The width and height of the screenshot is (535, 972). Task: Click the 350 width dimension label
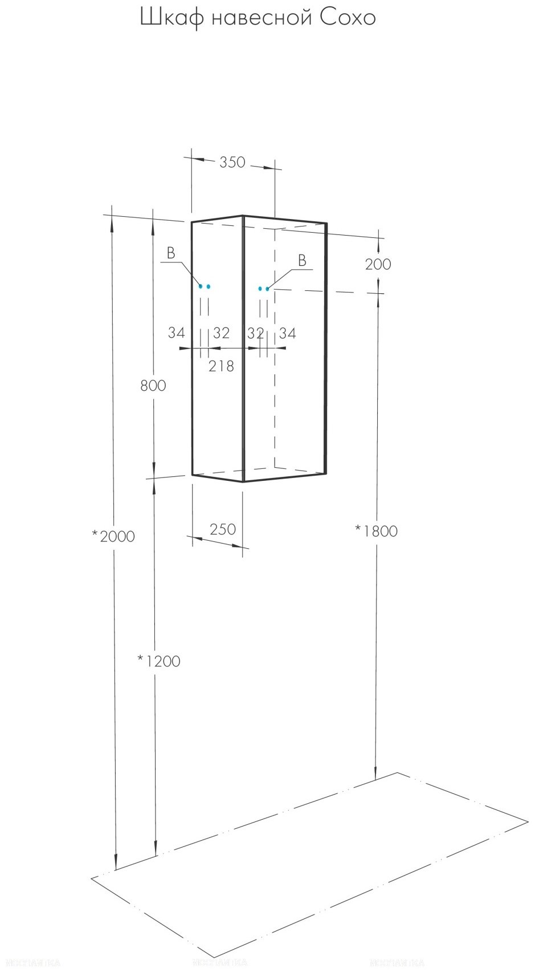(232, 163)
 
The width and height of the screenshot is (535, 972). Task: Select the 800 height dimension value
(153, 386)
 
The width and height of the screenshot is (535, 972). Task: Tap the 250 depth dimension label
(222, 529)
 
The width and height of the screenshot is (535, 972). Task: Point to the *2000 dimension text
(113, 536)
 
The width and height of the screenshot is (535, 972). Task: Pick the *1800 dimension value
(376, 531)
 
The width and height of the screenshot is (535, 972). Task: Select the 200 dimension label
(378, 264)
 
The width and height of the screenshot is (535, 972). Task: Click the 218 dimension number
(221, 366)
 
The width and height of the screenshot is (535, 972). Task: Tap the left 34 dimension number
(177, 333)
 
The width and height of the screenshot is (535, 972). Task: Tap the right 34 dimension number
(287, 333)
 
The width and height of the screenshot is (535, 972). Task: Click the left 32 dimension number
(221, 333)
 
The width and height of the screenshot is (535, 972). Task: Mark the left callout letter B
(171, 254)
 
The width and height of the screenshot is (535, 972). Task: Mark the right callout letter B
(302, 261)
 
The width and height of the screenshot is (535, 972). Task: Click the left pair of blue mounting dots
(205, 286)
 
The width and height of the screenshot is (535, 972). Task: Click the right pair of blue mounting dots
(263, 289)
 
